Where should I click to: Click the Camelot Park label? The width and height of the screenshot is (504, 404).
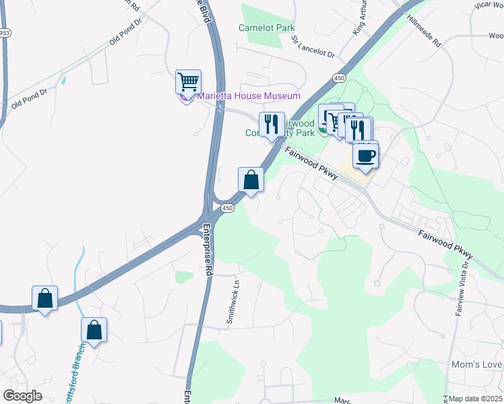tap(267, 28)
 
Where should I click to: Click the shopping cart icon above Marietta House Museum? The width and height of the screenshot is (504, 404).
tap(188, 81)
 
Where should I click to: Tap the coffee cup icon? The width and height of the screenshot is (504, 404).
tap(365, 155)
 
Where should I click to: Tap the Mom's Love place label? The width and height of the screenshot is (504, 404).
tap(477, 365)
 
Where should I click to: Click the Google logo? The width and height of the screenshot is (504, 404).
tap(23, 395)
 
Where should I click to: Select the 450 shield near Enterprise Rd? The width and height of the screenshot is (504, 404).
tap(228, 209)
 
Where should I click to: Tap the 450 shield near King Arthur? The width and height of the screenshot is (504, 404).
tap(339, 79)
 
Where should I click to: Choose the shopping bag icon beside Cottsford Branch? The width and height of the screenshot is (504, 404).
tap(94, 330)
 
